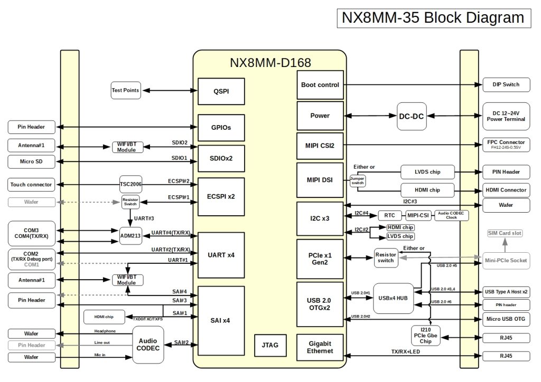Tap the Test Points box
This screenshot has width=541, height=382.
tap(125, 90)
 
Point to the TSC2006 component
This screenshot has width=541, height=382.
tap(131, 184)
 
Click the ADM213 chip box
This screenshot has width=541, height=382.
tap(130, 235)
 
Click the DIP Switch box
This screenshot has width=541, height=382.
tap(506, 84)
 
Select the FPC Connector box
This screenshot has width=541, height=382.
tap(506, 145)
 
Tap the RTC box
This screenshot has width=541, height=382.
tap(390, 215)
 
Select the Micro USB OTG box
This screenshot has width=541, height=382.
tap(506, 318)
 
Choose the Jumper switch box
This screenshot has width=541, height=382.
tap(357, 181)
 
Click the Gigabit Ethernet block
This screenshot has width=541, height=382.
tap(320, 347)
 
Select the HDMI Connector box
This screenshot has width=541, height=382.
tap(506, 190)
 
